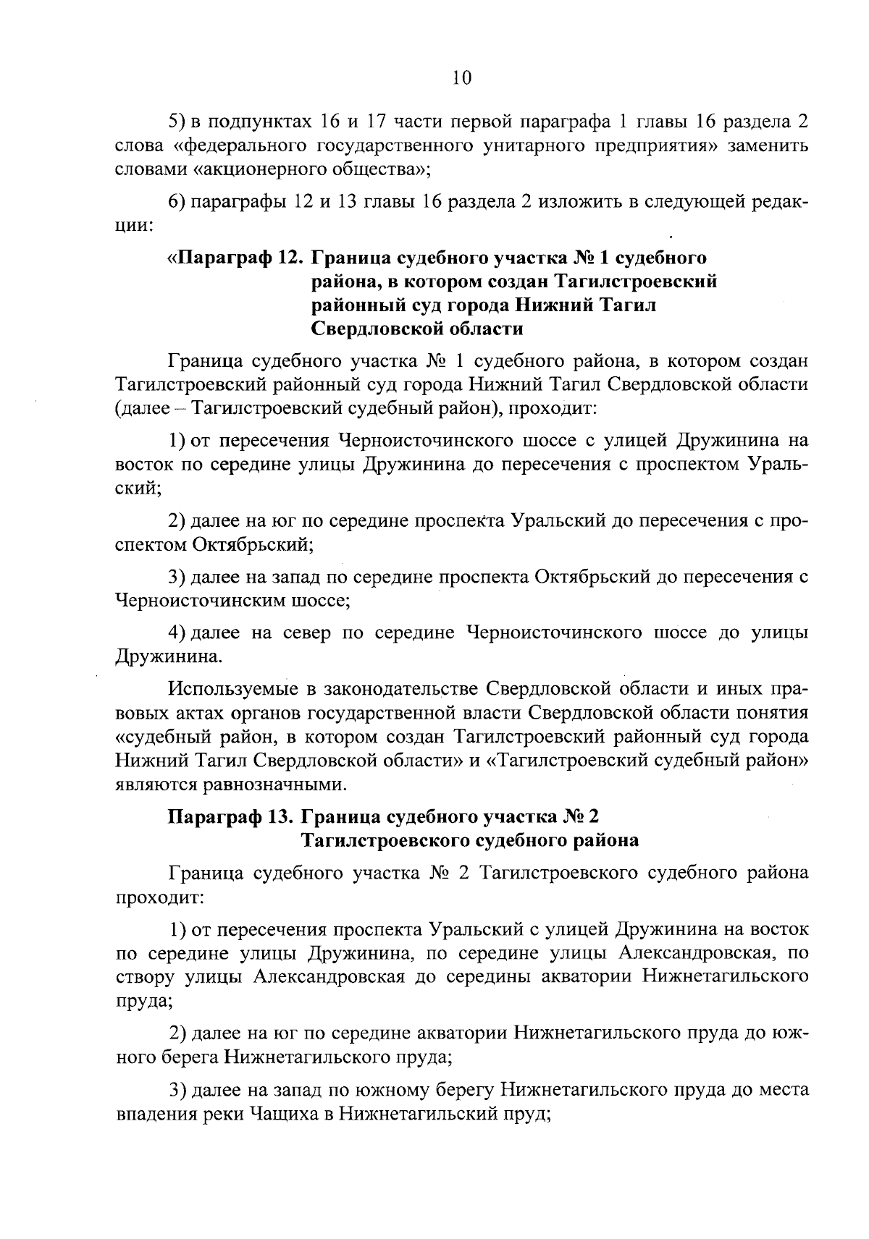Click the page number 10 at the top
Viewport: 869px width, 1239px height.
(461, 78)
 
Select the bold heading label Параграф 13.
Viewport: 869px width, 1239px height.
(230, 817)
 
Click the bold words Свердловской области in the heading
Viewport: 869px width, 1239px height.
(417, 329)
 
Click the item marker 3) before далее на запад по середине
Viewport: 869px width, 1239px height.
(178, 577)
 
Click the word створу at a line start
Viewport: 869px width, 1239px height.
(143, 976)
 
